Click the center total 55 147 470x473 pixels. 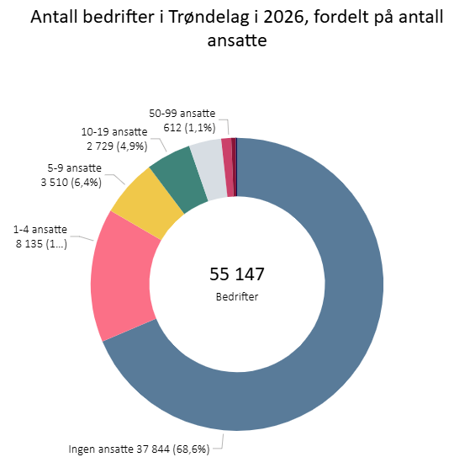[x=236, y=274]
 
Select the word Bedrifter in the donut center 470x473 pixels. [x=236, y=296]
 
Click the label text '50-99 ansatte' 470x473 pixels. [x=182, y=114]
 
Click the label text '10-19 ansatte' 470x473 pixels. [x=114, y=132]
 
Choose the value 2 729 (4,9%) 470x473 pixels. [x=114, y=146]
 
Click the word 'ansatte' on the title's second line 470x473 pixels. [x=236, y=40]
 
